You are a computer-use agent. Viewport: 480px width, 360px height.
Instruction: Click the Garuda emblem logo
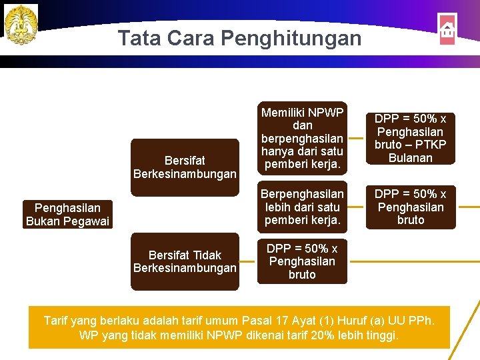click(x=21, y=24)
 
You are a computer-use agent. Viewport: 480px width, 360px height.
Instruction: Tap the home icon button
click(x=447, y=29)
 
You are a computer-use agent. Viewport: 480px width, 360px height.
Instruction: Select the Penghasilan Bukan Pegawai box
click(x=67, y=215)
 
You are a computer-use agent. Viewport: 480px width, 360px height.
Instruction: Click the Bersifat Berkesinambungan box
click(x=185, y=167)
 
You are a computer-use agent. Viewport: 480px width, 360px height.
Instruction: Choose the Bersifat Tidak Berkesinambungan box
click(x=185, y=261)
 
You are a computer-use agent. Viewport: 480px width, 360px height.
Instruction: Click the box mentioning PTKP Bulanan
click(x=411, y=138)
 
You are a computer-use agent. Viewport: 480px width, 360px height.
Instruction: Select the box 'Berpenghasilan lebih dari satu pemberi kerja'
click(x=302, y=207)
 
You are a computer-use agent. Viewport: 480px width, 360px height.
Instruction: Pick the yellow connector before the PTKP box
click(x=357, y=139)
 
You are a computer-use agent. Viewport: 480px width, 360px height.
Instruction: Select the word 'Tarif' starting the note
click(x=57, y=321)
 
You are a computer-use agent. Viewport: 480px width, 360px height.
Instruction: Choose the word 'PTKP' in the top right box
click(x=431, y=145)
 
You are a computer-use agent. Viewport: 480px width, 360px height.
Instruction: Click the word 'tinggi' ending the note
click(x=380, y=335)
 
